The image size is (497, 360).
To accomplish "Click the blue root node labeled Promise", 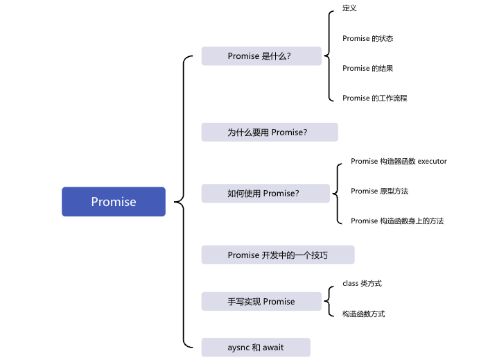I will point(114,202).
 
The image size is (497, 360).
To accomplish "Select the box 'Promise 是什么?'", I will point(261,56).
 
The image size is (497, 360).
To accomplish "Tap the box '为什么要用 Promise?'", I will point(269,132).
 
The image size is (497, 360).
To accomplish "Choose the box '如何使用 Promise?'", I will point(265,194).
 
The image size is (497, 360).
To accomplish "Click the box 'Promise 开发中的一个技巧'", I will point(277,255).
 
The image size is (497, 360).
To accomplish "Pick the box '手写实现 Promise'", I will point(261,302).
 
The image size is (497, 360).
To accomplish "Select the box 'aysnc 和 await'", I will point(256,347).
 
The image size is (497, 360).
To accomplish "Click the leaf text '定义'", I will point(349,8).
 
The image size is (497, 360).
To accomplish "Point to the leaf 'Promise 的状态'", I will point(367,39).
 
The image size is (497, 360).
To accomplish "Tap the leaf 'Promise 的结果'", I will point(367,69).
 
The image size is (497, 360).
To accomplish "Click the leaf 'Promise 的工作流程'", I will point(374,98).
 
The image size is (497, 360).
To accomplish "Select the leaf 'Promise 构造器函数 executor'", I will point(399,162).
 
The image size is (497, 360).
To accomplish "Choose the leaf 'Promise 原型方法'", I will point(384,191).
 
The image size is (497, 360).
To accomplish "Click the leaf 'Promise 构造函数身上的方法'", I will point(396,221).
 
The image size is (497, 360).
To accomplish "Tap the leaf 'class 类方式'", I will point(362,284).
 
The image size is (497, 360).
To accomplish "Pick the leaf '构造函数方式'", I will point(363,314).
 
